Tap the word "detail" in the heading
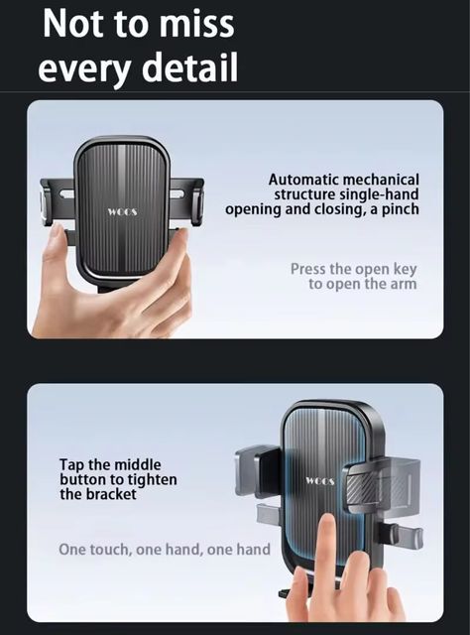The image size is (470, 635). pos(189,66)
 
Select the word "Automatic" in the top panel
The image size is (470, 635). pos(303,180)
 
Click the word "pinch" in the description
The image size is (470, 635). pos(400,209)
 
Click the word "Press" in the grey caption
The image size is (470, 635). pos(307,269)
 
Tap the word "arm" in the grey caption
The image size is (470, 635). pos(404,284)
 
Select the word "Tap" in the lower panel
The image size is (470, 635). pos(70,465)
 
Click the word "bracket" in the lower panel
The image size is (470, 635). pos(111,494)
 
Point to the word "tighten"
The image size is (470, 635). pos(153,480)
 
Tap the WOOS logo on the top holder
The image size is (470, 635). pos(122,211)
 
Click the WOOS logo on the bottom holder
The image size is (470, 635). pos(320,481)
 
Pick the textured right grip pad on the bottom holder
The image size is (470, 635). pos(362,487)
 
